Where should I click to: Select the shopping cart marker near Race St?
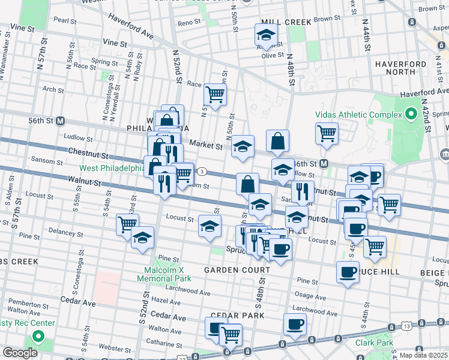pyautogui.click(x=215, y=94)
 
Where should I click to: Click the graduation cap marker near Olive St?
pyautogui.click(x=266, y=34)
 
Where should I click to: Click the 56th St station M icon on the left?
pyautogui.click(x=60, y=121)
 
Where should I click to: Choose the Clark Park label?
pyautogui.click(x=373, y=343)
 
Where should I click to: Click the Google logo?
pyautogui.click(x=20, y=353)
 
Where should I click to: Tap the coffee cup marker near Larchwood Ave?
pyautogui.click(x=294, y=324)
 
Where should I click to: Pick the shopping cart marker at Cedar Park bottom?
pyautogui.click(x=230, y=334)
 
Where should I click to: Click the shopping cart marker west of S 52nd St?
pyautogui.click(x=127, y=224)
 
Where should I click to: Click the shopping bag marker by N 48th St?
pyautogui.click(x=277, y=141)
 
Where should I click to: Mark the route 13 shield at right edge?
pyautogui.click(x=391, y=327)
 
